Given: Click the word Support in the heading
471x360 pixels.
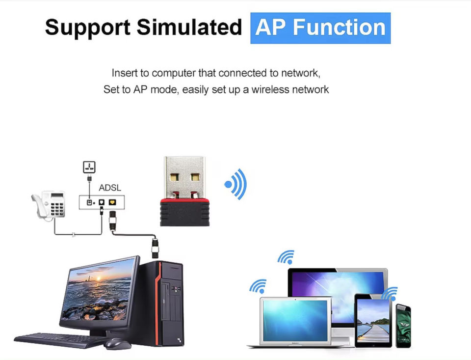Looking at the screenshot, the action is (x=87, y=28).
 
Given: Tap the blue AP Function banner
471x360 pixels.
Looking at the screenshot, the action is (x=320, y=28).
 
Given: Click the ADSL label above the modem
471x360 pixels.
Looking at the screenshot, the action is (x=110, y=188).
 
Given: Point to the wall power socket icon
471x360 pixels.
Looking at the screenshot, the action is (x=89, y=167).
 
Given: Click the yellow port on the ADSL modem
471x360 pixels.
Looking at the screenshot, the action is (x=112, y=202).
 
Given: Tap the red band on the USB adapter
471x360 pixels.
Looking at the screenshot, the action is (x=184, y=200).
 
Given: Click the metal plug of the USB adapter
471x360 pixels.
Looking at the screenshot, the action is (x=184, y=177).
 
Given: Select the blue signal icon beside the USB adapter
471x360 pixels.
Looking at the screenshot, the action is (x=236, y=184).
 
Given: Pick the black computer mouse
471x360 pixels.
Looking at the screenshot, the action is (x=117, y=343).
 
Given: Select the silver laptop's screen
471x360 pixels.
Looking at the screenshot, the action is (x=295, y=321).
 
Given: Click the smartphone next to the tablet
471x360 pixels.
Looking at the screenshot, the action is (x=403, y=326).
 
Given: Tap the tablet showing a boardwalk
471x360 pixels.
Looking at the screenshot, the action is (x=373, y=321).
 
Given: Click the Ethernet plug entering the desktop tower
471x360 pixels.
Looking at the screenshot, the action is (x=155, y=248).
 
